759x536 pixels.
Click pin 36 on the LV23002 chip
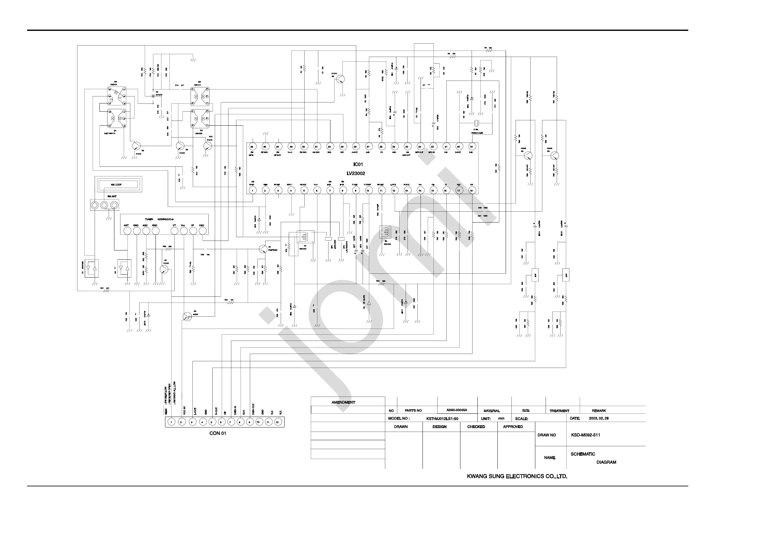(252, 147)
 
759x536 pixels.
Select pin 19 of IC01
(471, 147)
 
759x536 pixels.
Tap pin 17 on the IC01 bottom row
(459, 191)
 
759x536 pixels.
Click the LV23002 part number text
(356, 173)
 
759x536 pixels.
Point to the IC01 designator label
(358, 165)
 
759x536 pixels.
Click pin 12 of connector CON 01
(277, 422)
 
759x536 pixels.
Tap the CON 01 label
(218, 433)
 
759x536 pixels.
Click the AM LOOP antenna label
(116, 185)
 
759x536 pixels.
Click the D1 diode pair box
(91, 268)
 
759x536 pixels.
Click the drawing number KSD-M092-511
(585, 435)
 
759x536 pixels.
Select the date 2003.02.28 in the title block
(599, 419)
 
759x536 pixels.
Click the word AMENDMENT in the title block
(343, 402)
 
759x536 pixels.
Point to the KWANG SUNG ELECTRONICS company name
(517, 476)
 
